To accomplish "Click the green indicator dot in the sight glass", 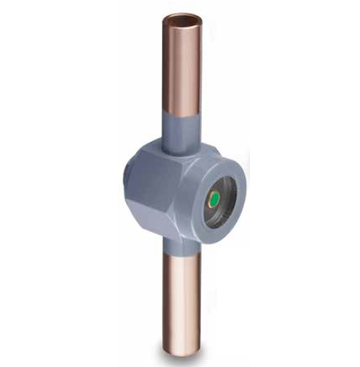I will [215, 199].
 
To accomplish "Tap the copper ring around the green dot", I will [209, 199].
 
